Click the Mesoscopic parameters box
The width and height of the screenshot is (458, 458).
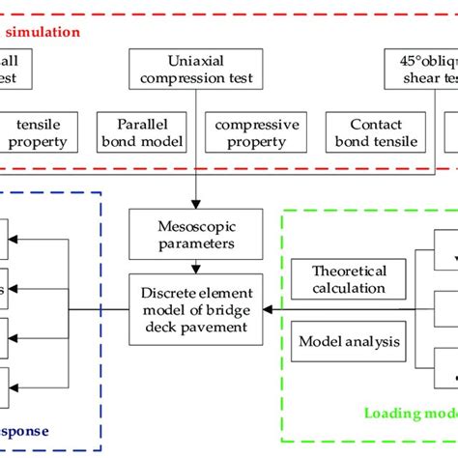coord(196,235)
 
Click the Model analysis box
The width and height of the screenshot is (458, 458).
coord(335,341)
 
